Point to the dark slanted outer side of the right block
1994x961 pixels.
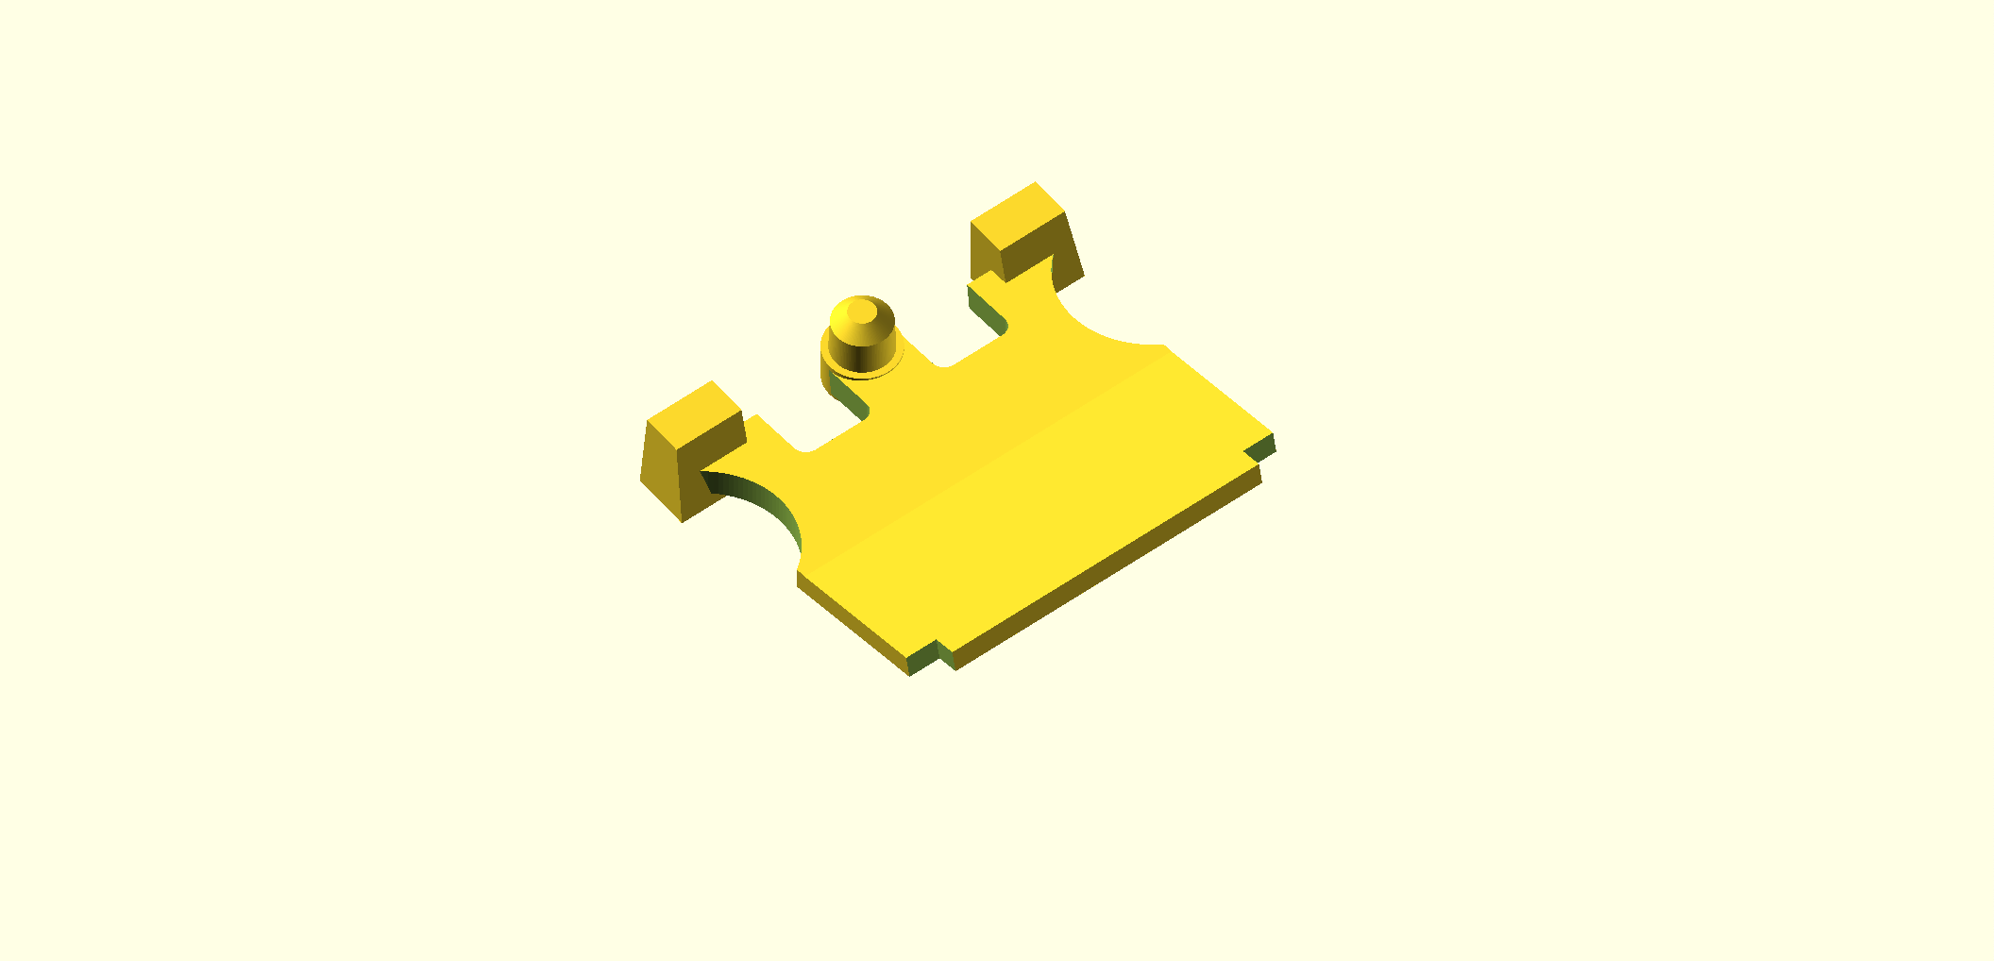(x=1070, y=250)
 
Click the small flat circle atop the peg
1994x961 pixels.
(x=861, y=312)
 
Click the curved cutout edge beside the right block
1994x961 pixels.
(x=1095, y=321)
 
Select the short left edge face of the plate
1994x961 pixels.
(x=850, y=623)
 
